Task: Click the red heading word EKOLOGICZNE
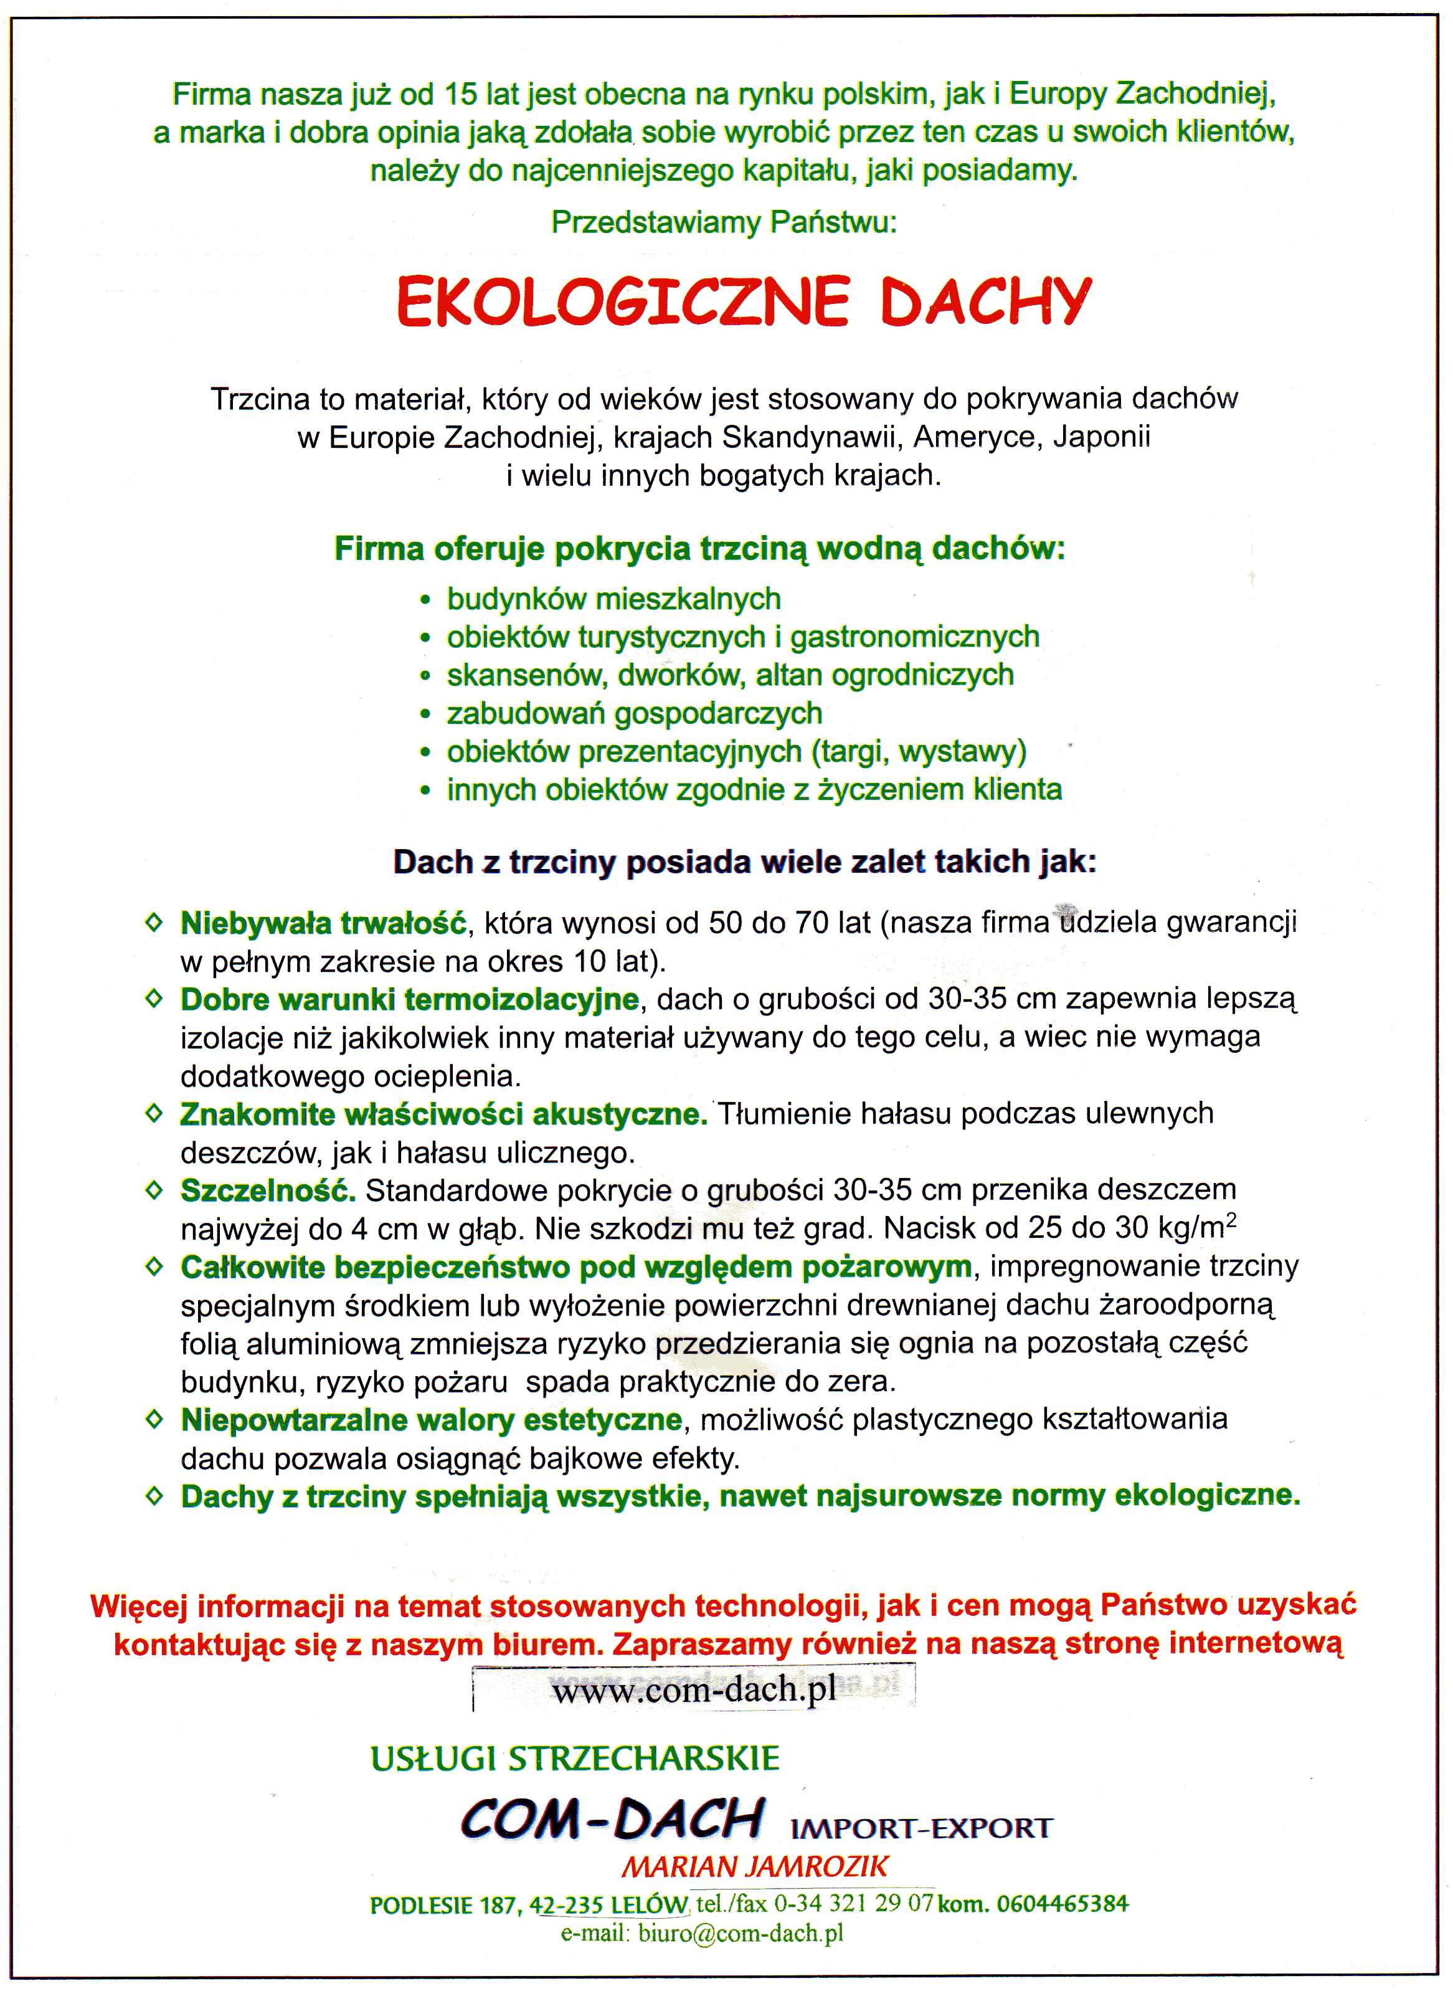(x=622, y=302)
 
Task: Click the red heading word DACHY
(x=986, y=302)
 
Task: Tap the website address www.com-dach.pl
(x=694, y=1691)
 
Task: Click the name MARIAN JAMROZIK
(x=755, y=1866)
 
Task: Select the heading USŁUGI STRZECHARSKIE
(x=575, y=1759)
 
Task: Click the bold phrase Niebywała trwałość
(x=323, y=923)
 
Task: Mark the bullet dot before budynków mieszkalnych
(x=426, y=601)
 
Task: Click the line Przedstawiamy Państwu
(x=724, y=222)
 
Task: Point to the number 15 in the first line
(x=461, y=93)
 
